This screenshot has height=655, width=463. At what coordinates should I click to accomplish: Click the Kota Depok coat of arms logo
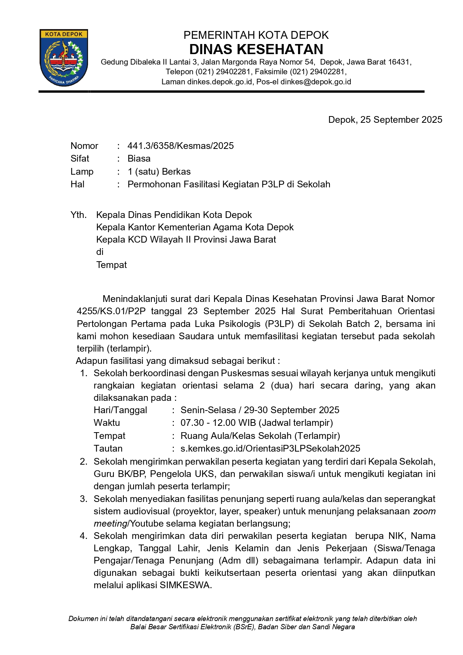pos(64,57)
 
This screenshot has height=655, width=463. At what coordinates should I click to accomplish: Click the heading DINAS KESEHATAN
pos(256,50)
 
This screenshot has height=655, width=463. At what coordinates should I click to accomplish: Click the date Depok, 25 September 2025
pos(385,120)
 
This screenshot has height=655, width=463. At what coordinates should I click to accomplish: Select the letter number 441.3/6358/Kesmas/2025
pos(181,146)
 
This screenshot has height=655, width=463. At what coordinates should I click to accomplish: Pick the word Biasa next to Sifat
pos(139,159)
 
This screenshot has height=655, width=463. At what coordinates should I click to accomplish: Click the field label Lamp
pos(82,172)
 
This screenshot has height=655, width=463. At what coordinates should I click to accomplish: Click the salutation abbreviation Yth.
pos(78,215)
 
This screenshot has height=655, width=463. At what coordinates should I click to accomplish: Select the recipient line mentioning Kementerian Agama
pos(195,227)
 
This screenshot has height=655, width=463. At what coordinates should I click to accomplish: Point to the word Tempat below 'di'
pos(112,265)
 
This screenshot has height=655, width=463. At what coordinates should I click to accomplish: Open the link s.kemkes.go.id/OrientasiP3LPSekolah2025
pos(270,449)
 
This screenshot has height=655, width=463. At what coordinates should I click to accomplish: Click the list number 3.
pos(84,499)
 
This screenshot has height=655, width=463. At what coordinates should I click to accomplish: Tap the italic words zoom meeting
pos(424,511)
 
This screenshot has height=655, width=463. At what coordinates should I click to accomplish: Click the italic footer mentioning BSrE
pos(243,627)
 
